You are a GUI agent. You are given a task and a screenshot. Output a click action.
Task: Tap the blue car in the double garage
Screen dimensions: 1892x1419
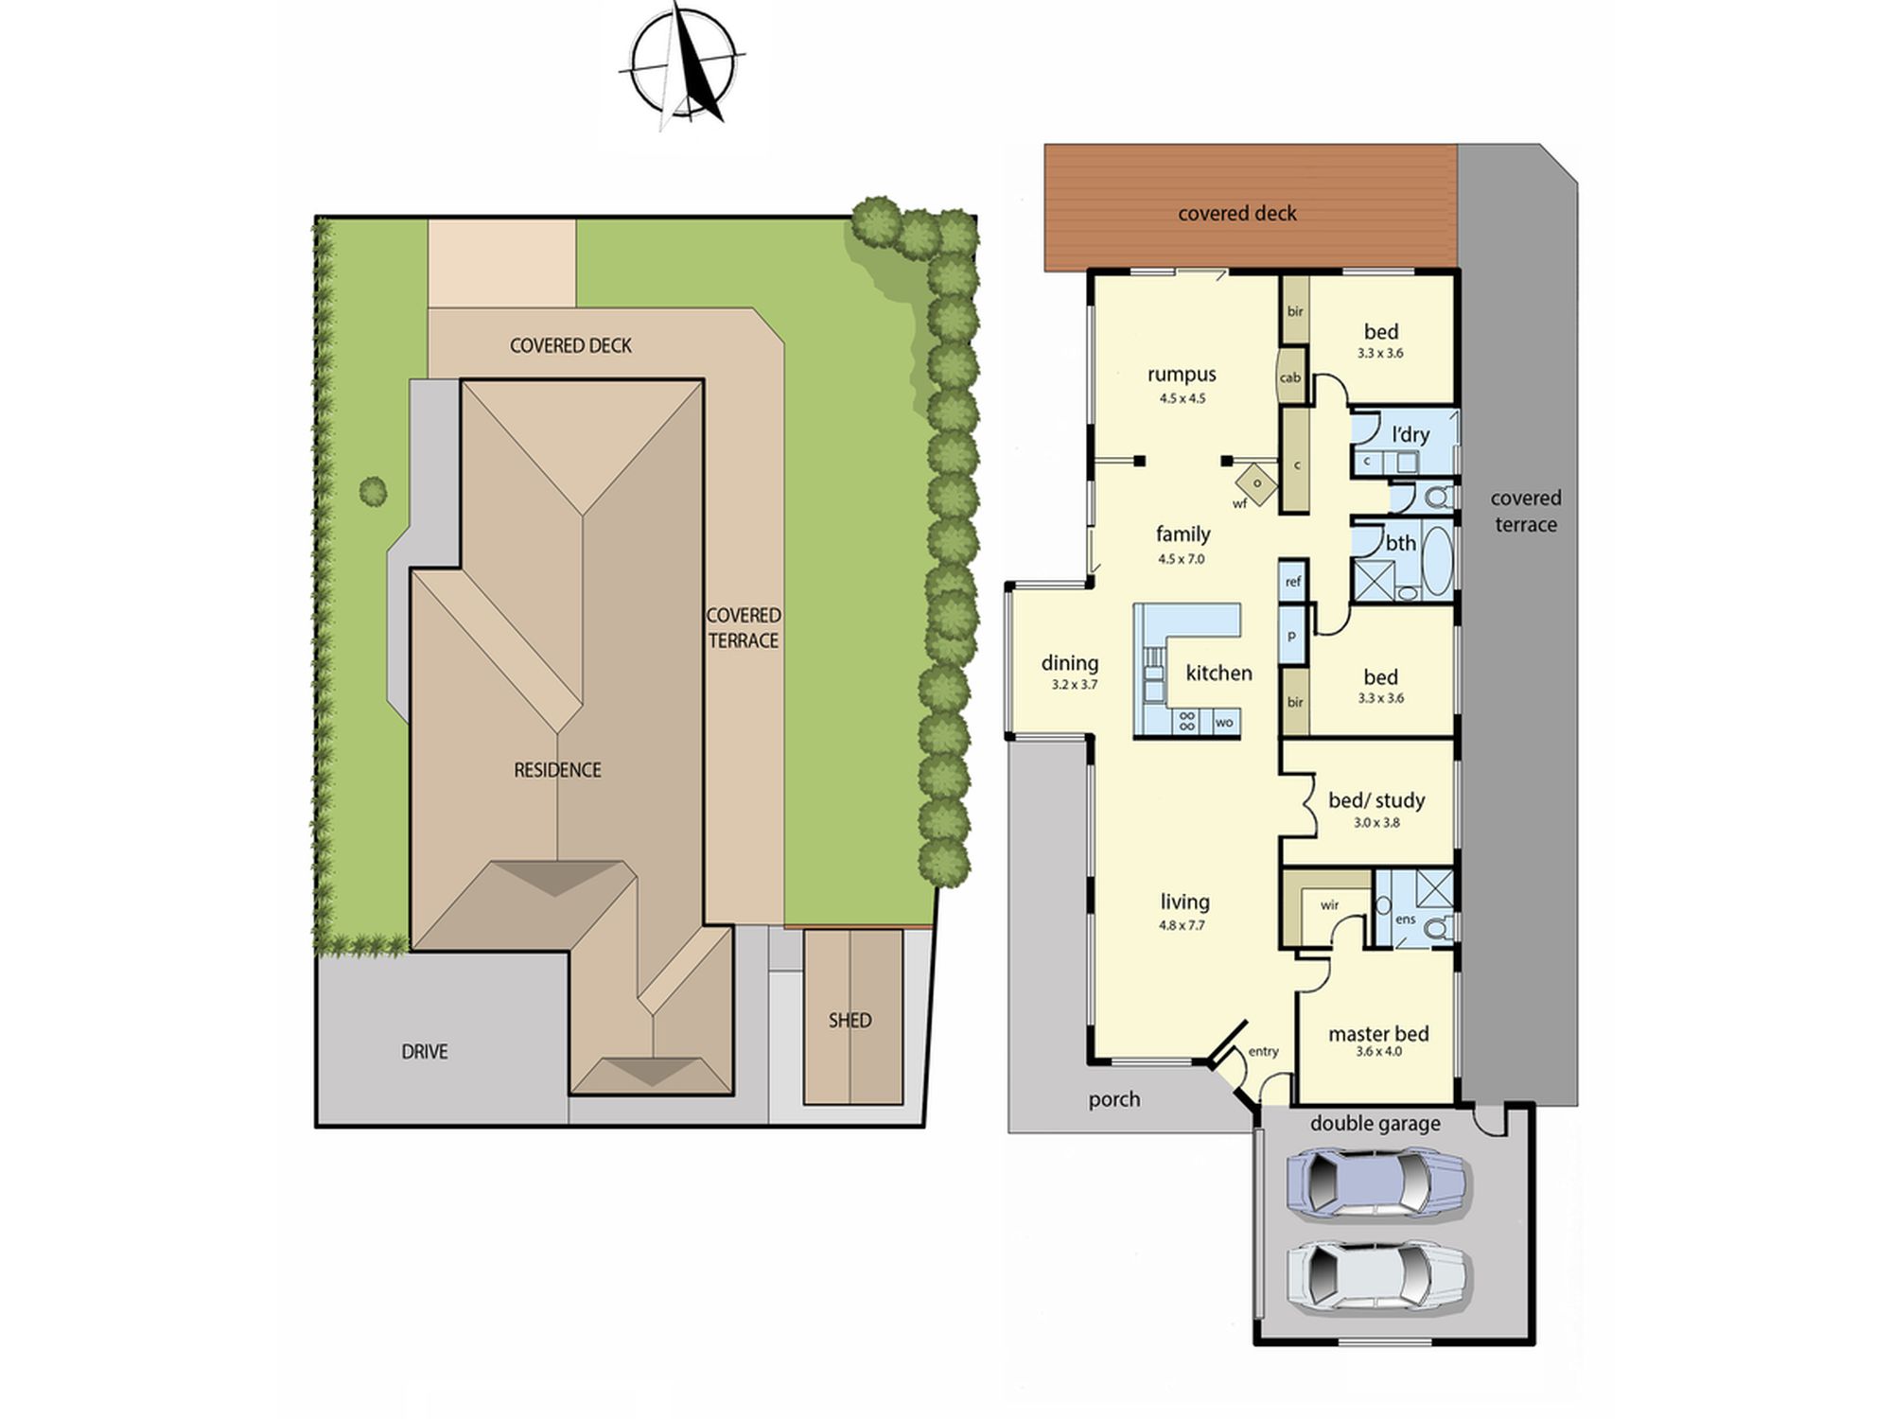(x=1376, y=1182)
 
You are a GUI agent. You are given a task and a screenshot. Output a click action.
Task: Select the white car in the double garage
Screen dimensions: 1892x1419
(x=1376, y=1277)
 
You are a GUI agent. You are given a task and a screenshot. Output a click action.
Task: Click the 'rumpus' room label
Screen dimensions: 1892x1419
(x=1182, y=375)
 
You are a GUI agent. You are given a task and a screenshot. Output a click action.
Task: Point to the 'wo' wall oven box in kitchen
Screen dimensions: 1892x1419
(x=1224, y=722)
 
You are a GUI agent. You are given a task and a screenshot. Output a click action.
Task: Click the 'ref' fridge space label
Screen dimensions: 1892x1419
(x=1293, y=582)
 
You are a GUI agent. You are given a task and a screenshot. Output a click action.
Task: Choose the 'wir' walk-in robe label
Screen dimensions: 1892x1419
(x=1329, y=905)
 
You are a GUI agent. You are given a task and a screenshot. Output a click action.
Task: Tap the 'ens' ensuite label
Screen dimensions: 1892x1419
(x=1406, y=919)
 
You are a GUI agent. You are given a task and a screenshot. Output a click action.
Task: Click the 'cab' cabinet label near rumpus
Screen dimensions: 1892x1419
(x=1290, y=377)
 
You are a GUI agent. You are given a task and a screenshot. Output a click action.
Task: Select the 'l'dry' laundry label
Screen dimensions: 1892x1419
(x=1410, y=434)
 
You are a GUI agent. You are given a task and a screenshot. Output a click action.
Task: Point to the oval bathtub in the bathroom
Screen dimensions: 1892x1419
(x=1436, y=560)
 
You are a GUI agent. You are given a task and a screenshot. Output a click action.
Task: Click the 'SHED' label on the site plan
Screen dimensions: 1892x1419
(x=850, y=1020)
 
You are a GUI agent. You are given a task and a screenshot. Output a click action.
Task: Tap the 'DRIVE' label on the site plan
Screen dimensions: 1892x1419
(x=425, y=1051)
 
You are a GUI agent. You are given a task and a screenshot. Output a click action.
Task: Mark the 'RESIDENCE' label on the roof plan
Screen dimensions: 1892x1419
(x=557, y=770)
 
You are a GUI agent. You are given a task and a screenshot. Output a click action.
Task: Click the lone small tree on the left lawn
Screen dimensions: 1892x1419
(x=373, y=491)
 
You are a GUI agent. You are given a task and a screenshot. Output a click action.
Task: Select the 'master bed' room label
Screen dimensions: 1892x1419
(x=1378, y=1034)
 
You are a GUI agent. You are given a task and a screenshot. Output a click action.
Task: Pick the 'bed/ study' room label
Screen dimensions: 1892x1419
(x=1376, y=800)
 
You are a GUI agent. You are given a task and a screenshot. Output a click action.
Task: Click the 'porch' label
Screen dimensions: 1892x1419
(x=1114, y=1099)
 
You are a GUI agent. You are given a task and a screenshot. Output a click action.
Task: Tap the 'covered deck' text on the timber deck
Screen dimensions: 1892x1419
(x=1237, y=214)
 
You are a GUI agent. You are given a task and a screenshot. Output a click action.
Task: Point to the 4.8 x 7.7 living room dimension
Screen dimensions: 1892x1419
(x=1182, y=925)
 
